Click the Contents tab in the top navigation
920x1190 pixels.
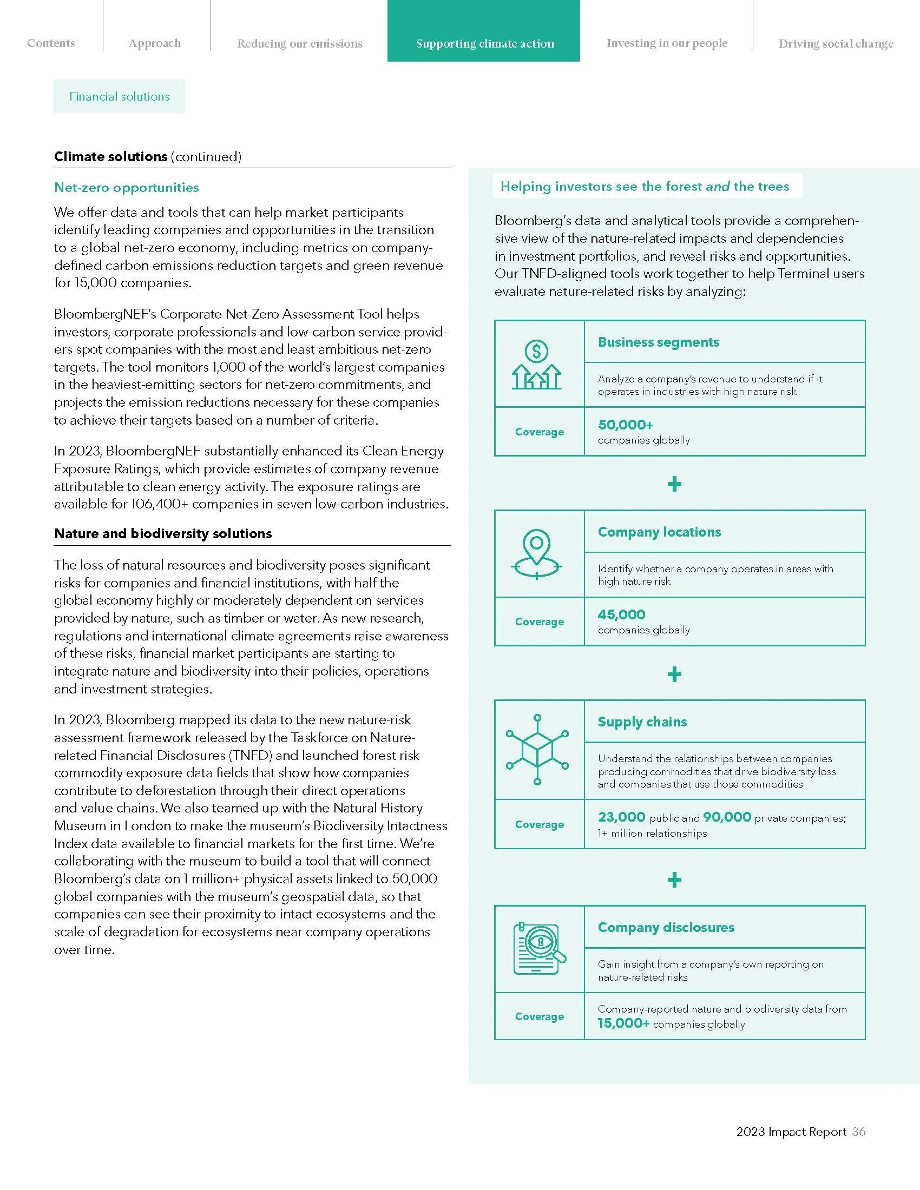[51, 43]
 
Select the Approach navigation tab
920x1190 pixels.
[155, 43]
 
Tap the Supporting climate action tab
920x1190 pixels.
[484, 44]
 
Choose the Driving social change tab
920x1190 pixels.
[836, 44]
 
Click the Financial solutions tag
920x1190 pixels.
[120, 96]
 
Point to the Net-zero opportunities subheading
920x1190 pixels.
[127, 188]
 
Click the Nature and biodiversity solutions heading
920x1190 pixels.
[163, 533]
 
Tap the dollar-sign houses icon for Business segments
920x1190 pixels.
[537, 364]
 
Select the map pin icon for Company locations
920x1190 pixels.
[537, 553]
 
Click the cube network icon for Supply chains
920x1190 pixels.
[537, 750]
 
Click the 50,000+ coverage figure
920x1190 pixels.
[625, 425]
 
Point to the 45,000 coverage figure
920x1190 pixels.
[621, 614]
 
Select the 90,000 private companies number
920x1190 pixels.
[727, 817]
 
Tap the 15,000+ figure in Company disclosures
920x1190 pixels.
[623, 1023]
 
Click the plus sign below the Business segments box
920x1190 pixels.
[674, 484]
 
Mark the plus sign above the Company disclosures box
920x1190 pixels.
[674, 880]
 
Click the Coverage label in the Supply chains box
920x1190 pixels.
[540, 824]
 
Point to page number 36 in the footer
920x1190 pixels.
[859, 1132]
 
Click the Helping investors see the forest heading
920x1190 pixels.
[645, 187]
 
